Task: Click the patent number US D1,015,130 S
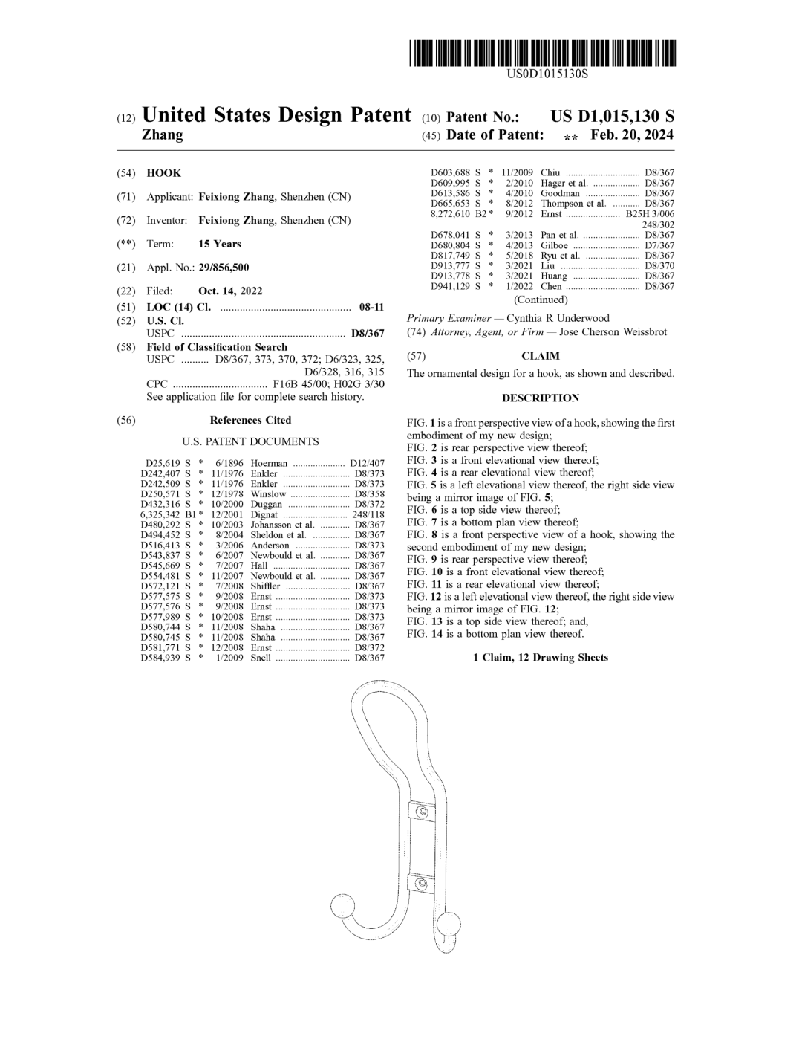pyautogui.click(x=612, y=117)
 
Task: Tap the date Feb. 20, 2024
pyautogui.click(x=632, y=135)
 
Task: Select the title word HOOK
pyautogui.click(x=163, y=173)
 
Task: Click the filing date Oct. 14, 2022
pyautogui.click(x=230, y=291)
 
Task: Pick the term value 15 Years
pyautogui.click(x=219, y=244)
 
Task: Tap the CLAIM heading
pyautogui.click(x=541, y=356)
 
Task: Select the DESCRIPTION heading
pyautogui.click(x=541, y=398)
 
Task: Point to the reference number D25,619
pyautogui.click(x=160, y=463)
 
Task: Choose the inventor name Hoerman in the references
pyautogui.click(x=269, y=463)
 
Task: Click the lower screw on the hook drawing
pyautogui.click(x=422, y=884)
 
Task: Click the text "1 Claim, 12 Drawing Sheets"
pyautogui.click(x=541, y=658)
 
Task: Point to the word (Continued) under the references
pyautogui.click(x=541, y=300)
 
